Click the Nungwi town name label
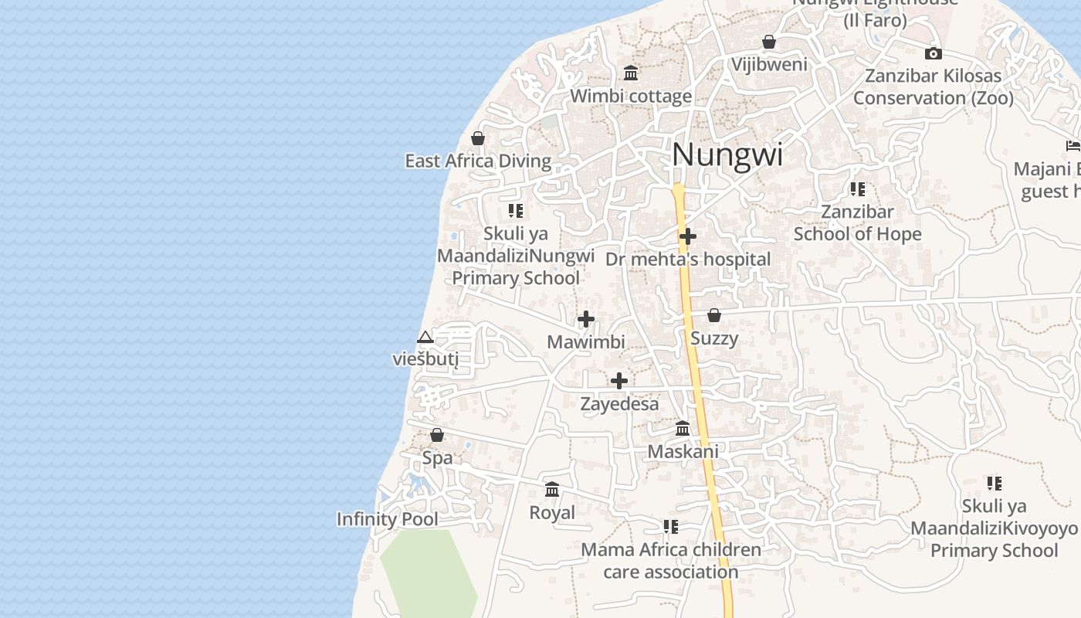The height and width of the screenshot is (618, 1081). (x=727, y=154)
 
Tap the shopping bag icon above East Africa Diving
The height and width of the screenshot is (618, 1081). (x=478, y=139)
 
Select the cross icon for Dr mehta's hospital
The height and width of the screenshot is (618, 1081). (x=688, y=236)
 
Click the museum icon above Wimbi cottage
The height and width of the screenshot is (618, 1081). (x=631, y=73)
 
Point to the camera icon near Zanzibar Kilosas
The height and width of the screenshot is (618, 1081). (x=934, y=53)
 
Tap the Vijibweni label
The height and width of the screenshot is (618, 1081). (x=769, y=64)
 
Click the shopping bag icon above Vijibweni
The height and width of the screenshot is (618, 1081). (x=769, y=42)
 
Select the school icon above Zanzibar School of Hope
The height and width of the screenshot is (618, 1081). (x=857, y=189)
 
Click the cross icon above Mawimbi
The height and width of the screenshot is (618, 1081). (x=586, y=319)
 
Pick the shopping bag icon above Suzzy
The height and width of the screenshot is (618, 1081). (x=714, y=315)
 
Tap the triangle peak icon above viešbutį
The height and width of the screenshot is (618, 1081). (x=425, y=338)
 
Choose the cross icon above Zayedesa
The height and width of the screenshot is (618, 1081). (x=619, y=381)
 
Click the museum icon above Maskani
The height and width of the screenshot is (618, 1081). (x=683, y=428)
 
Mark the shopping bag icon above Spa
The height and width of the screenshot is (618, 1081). (x=437, y=435)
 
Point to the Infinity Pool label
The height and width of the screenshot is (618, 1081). (x=387, y=519)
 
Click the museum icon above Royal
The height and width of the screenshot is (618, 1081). (x=552, y=490)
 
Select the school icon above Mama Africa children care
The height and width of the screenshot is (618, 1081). (x=670, y=527)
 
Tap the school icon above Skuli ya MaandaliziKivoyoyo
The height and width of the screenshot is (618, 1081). (x=994, y=484)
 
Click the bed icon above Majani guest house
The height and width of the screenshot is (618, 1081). (x=1073, y=145)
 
